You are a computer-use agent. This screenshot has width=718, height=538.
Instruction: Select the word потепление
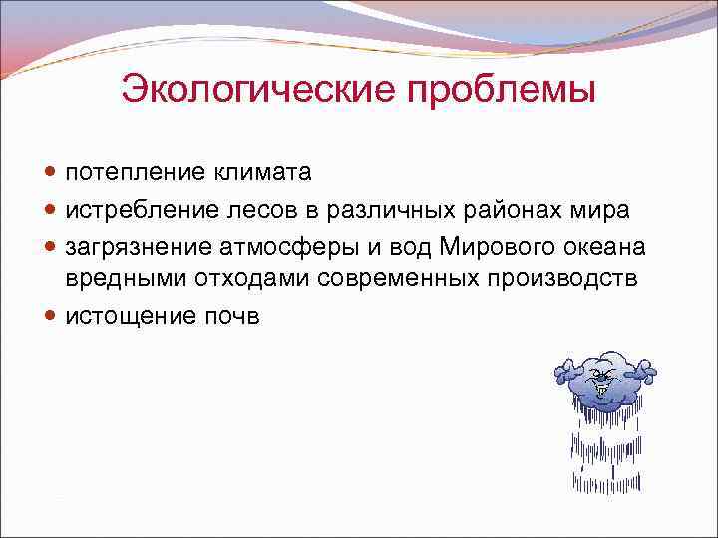(136, 173)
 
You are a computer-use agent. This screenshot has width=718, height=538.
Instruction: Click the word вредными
(121, 280)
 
